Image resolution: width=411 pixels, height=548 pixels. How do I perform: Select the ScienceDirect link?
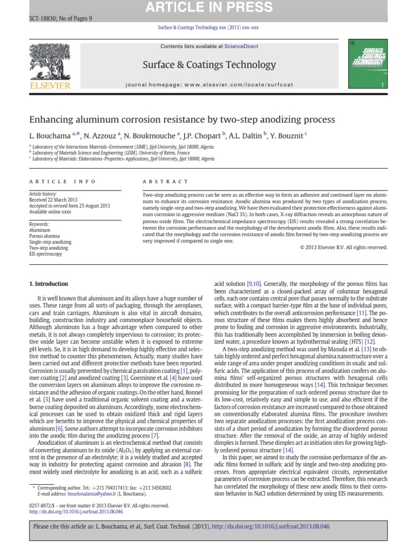point(241,47)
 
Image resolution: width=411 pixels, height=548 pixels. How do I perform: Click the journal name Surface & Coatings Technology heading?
point(209,65)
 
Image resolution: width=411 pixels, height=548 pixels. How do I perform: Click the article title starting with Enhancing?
point(182,119)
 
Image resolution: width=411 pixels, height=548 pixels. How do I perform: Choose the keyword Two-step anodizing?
point(49,248)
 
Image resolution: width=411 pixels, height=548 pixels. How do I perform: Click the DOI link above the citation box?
point(75,511)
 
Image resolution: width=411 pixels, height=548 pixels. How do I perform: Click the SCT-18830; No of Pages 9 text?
point(60,18)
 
